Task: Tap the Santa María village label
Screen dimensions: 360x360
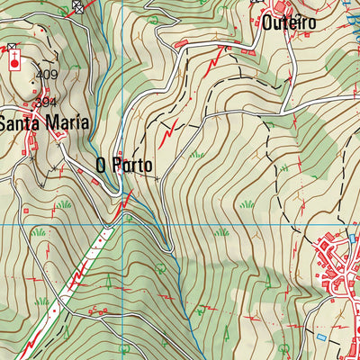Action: tap(44, 124)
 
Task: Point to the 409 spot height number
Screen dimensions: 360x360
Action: tap(46, 75)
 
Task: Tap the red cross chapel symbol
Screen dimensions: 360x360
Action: tap(14, 62)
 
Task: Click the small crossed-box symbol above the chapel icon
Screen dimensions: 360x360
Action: tap(12, 47)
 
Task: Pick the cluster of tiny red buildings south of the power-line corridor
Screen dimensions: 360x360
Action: tap(95, 310)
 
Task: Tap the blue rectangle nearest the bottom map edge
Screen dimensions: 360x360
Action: tap(321, 336)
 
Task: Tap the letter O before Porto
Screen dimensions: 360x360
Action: tap(102, 166)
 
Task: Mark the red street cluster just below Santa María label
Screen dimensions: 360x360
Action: tap(49, 139)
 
